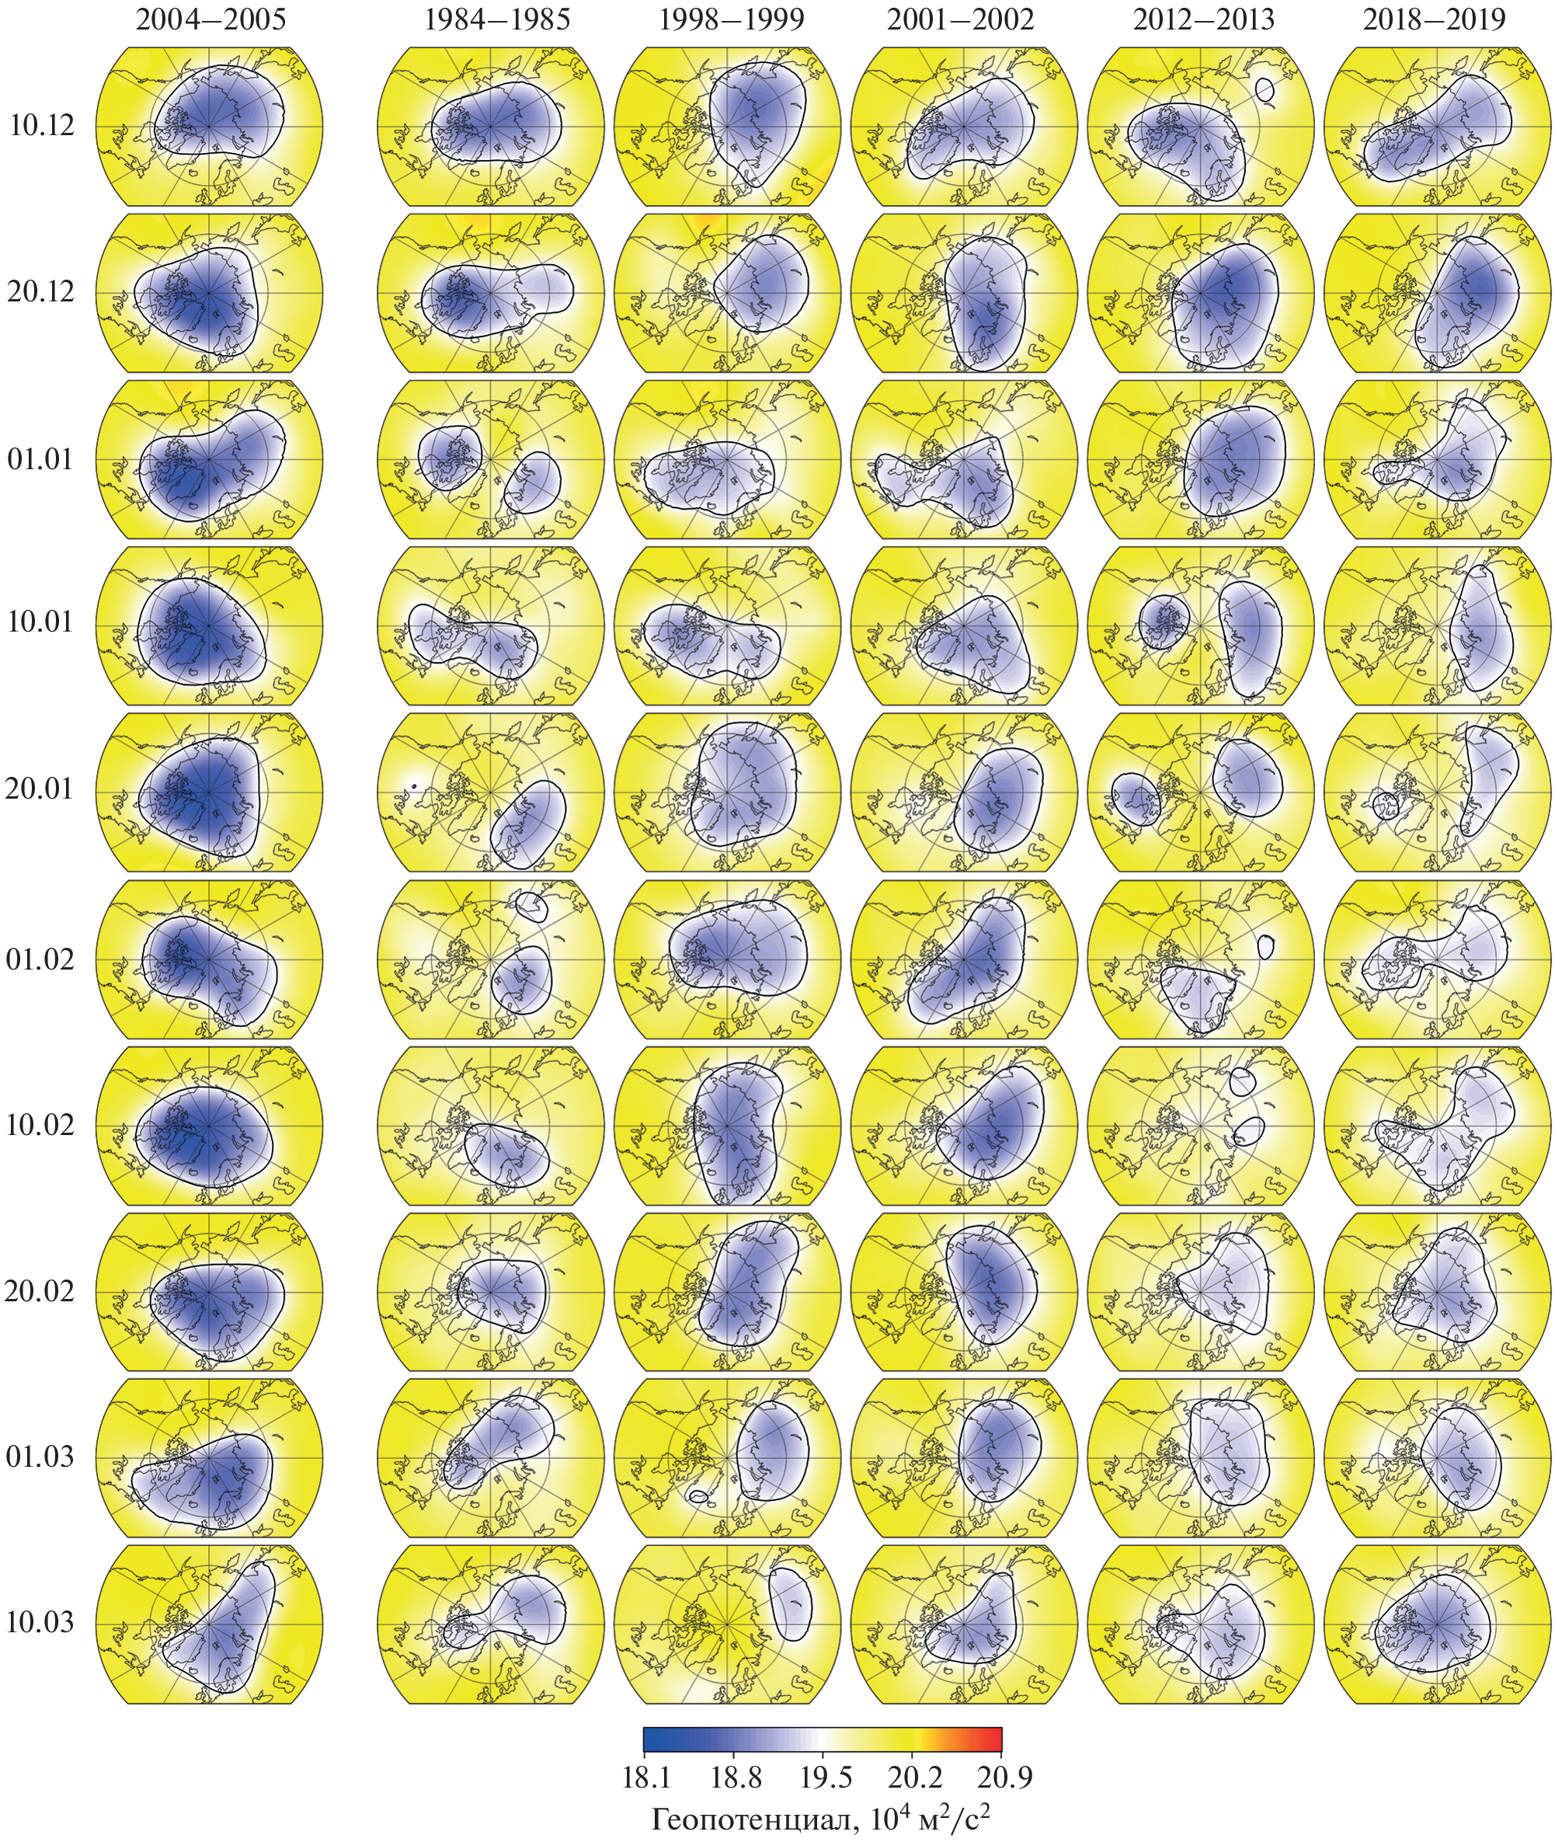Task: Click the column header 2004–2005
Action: point(210,19)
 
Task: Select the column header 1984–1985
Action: point(497,19)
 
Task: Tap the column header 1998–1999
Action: point(732,19)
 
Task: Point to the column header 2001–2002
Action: point(961,19)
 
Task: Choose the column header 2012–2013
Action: point(1203,19)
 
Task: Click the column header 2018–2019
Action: point(1435,19)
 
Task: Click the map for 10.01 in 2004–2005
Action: point(210,625)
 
